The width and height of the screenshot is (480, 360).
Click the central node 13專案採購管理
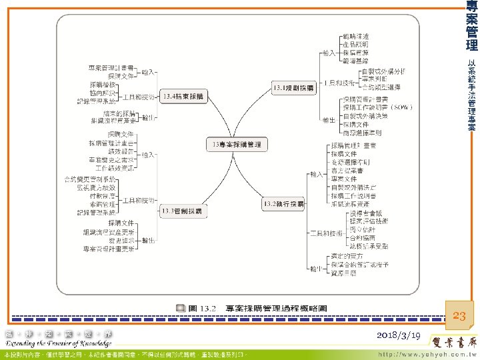coord(237,145)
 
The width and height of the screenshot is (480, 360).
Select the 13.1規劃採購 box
coord(291,87)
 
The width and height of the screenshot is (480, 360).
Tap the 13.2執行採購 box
coord(283,203)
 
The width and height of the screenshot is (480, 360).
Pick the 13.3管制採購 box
coord(181,211)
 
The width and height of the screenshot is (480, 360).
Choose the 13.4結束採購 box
coord(184,97)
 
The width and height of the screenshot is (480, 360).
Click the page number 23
coord(459,316)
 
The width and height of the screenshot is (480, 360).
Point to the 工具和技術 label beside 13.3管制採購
coord(139,200)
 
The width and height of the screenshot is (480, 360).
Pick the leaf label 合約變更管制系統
coord(90,180)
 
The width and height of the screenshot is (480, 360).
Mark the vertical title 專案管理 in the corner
coord(471,27)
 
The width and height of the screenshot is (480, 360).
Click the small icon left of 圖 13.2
coord(181,308)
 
